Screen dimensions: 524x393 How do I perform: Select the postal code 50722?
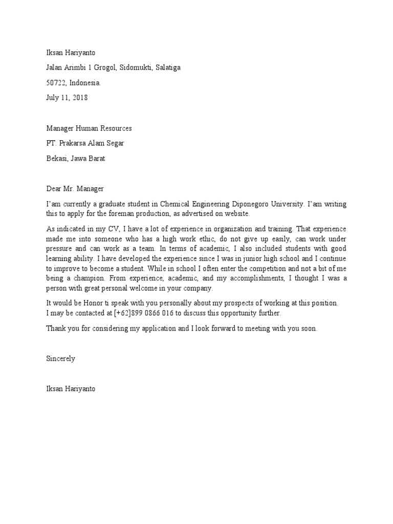56,82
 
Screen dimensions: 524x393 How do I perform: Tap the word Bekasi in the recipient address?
57,159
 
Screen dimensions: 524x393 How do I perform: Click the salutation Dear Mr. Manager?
75,189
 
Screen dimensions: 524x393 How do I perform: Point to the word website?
236,213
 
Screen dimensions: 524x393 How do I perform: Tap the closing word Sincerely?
60,359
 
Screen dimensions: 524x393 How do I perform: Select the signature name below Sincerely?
70,389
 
